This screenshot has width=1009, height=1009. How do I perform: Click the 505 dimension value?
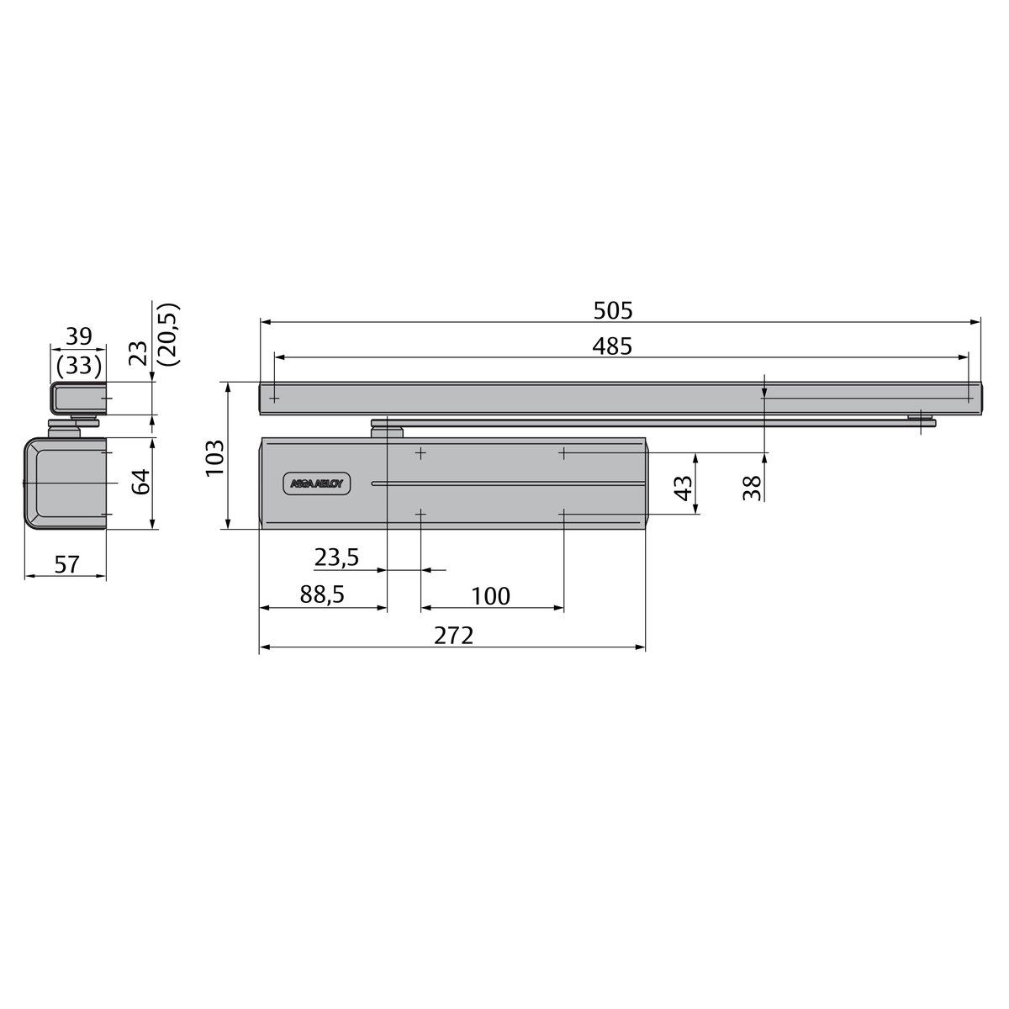[612, 310]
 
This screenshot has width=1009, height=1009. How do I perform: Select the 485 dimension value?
[612, 346]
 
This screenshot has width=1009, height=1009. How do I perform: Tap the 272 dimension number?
[454, 635]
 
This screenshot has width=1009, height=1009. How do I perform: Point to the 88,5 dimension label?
[323, 595]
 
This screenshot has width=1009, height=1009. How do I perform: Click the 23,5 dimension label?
[337, 557]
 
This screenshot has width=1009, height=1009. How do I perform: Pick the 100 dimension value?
[490, 596]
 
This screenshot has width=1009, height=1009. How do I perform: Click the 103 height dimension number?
[216, 457]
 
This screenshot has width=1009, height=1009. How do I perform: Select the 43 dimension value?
[685, 487]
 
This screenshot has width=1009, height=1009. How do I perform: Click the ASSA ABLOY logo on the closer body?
[323, 483]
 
